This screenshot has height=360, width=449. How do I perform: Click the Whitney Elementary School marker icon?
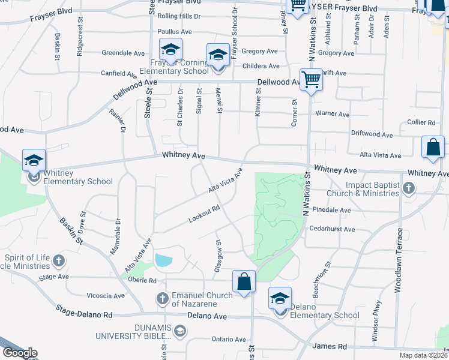[34, 160]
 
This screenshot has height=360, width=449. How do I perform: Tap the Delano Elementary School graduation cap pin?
[280, 298]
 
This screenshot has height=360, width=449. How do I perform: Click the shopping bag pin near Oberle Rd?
[244, 281]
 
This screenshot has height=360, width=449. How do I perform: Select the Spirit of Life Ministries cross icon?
[58, 261]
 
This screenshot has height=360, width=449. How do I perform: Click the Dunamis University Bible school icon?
[179, 330]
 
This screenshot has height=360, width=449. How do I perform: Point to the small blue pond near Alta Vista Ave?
[163, 260]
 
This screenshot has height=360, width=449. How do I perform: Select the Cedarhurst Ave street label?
[332, 229]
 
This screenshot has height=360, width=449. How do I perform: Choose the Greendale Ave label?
[121, 53]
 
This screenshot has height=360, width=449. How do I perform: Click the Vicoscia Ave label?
[106, 296]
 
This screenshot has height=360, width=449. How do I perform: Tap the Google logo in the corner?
[20, 353]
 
